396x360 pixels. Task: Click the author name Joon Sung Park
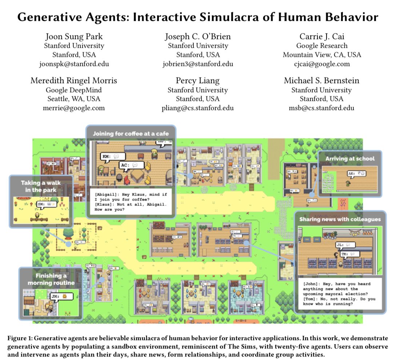pos(74,37)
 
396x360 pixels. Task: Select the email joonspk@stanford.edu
pos(74,64)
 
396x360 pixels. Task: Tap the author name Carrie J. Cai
pos(322,37)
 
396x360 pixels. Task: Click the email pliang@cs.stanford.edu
pos(198,108)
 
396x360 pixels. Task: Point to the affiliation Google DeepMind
pos(74,90)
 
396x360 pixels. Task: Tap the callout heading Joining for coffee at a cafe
pos(131,134)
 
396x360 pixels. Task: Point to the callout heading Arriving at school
pos(350,159)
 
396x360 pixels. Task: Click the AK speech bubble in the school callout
pos(357,174)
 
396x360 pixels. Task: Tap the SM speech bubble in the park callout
pos(45,205)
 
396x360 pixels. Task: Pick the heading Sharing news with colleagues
pos(340,219)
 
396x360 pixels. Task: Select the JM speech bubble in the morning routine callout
pos(60,297)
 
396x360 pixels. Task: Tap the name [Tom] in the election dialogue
pos(311,299)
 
